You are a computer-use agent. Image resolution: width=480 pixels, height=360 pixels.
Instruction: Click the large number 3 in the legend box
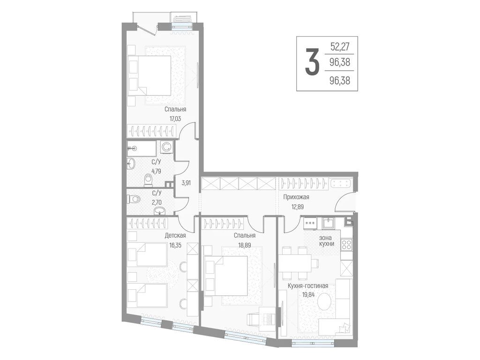312,63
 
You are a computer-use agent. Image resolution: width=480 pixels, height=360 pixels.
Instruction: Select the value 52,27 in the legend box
340,46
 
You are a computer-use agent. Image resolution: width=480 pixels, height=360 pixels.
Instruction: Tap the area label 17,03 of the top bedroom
175,119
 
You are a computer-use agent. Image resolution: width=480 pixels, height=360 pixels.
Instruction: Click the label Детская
175,235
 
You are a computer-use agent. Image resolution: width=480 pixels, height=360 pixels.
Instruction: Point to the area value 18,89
245,245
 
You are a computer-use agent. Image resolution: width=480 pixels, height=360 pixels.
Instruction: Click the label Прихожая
296,197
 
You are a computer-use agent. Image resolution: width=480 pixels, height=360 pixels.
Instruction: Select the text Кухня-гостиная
307,285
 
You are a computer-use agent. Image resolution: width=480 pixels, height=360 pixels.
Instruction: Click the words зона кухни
326,240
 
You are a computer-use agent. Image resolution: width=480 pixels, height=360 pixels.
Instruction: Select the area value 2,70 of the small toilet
157,202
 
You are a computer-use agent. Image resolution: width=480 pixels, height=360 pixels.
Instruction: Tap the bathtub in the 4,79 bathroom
142,148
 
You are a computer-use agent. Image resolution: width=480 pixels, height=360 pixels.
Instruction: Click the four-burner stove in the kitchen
347,244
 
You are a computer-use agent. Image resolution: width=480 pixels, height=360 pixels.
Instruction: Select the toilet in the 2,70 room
134,199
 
